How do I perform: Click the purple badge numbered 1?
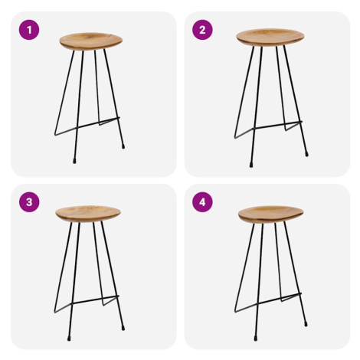coord(29,30)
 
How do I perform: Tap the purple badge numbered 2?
coord(202,30)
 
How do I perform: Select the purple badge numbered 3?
coord(29,202)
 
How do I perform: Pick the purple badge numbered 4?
coord(202,202)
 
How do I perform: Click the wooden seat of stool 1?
coord(91,41)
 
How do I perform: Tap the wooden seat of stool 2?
coord(270,38)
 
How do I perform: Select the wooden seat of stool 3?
coord(88,214)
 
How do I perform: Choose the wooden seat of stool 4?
coord(270,214)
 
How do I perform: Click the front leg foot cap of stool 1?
coord(74,161)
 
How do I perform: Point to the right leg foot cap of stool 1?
coord(123,146)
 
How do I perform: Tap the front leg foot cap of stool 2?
coord(251,165)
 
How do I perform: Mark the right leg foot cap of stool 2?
coord(306,154)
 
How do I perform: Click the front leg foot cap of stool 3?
coord(69,339)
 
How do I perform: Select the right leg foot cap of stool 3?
coord(123,328)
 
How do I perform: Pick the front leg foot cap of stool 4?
coord(256,339)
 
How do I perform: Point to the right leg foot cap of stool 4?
coord(306,324)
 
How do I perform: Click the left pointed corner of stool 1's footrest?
coord(55,135)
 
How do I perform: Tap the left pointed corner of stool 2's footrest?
coord(235,138)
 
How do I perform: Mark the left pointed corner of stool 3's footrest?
coord(55,312)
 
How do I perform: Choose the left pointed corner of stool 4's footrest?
coord(235,312)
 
